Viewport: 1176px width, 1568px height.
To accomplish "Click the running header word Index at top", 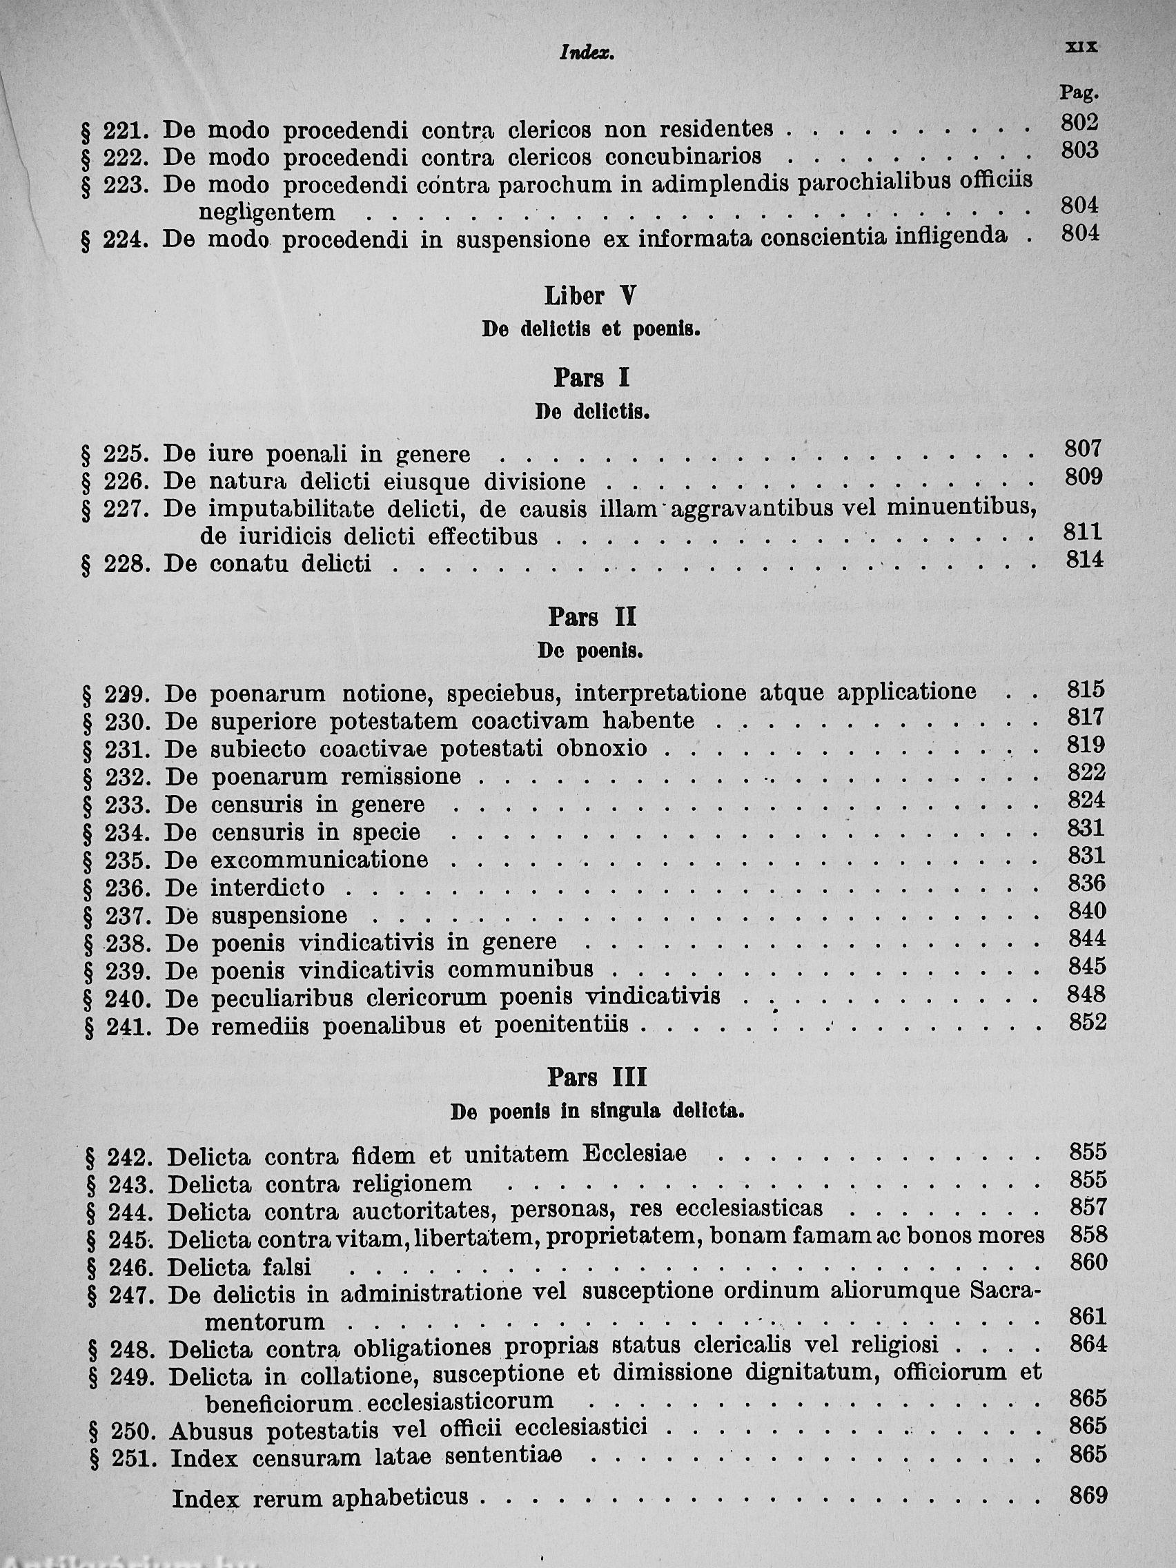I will point(585,53).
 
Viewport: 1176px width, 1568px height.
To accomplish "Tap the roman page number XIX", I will point(1081,47).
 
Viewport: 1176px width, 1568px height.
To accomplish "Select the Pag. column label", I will point(1078,92).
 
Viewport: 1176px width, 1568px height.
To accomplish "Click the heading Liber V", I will point(590,296).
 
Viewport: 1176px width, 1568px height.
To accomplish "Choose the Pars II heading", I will point(592,618).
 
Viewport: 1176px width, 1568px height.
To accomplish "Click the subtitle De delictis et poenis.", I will point(591,330).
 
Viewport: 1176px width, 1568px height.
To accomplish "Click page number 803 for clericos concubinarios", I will point(1079,150).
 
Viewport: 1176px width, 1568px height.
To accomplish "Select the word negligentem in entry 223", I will point(267,212).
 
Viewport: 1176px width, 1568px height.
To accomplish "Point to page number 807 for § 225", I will point(1083,448).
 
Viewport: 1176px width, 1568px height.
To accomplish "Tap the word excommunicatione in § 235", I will point(320,860).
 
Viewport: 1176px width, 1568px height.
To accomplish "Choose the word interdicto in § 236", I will point(268,888).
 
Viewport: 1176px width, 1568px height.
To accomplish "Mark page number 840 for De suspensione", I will point(1087,910).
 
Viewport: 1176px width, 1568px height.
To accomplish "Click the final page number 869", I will point(1088,1496).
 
